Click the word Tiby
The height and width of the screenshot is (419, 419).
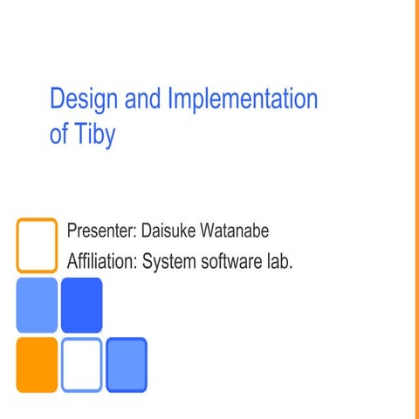(x=95, y=137)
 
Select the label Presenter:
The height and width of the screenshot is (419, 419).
(x=99, y=233)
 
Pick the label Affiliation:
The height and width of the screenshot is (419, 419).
(x=102, y=260)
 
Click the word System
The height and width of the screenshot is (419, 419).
(x=169, y=261)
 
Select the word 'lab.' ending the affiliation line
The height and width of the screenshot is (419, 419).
(x=278, y=260)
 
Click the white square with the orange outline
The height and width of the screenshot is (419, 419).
(x=37, y=245)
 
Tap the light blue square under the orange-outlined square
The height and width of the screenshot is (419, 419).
(x=37, y=305)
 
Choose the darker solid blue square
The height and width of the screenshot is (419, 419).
(x=81, y=305)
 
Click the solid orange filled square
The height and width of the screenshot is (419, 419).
(x=37, y=365)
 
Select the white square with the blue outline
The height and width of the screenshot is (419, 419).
(x=81, y=365)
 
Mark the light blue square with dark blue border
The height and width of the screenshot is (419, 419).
(x=126, y=365)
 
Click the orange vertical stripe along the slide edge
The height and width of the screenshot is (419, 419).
(x=416, y=209)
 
